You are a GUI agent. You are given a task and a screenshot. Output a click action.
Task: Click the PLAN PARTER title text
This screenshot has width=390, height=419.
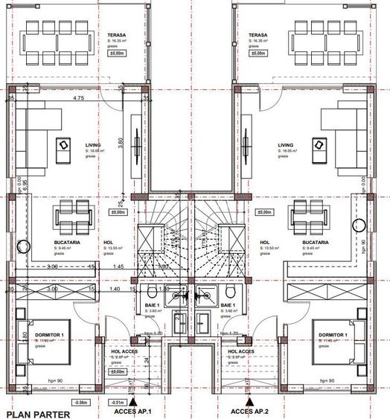pos(38,414)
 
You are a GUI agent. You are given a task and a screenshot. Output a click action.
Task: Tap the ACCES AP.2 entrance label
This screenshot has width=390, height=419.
pos(251,412)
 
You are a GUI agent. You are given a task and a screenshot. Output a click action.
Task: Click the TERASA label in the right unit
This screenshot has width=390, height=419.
pos(258,35)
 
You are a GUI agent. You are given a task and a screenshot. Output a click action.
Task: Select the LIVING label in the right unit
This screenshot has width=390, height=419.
pos(285,146)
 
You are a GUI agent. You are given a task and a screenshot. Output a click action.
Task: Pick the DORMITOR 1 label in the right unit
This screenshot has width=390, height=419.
pos(332,336)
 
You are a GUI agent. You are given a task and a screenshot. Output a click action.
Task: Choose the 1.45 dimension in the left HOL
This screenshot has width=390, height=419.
pos(118,266)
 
